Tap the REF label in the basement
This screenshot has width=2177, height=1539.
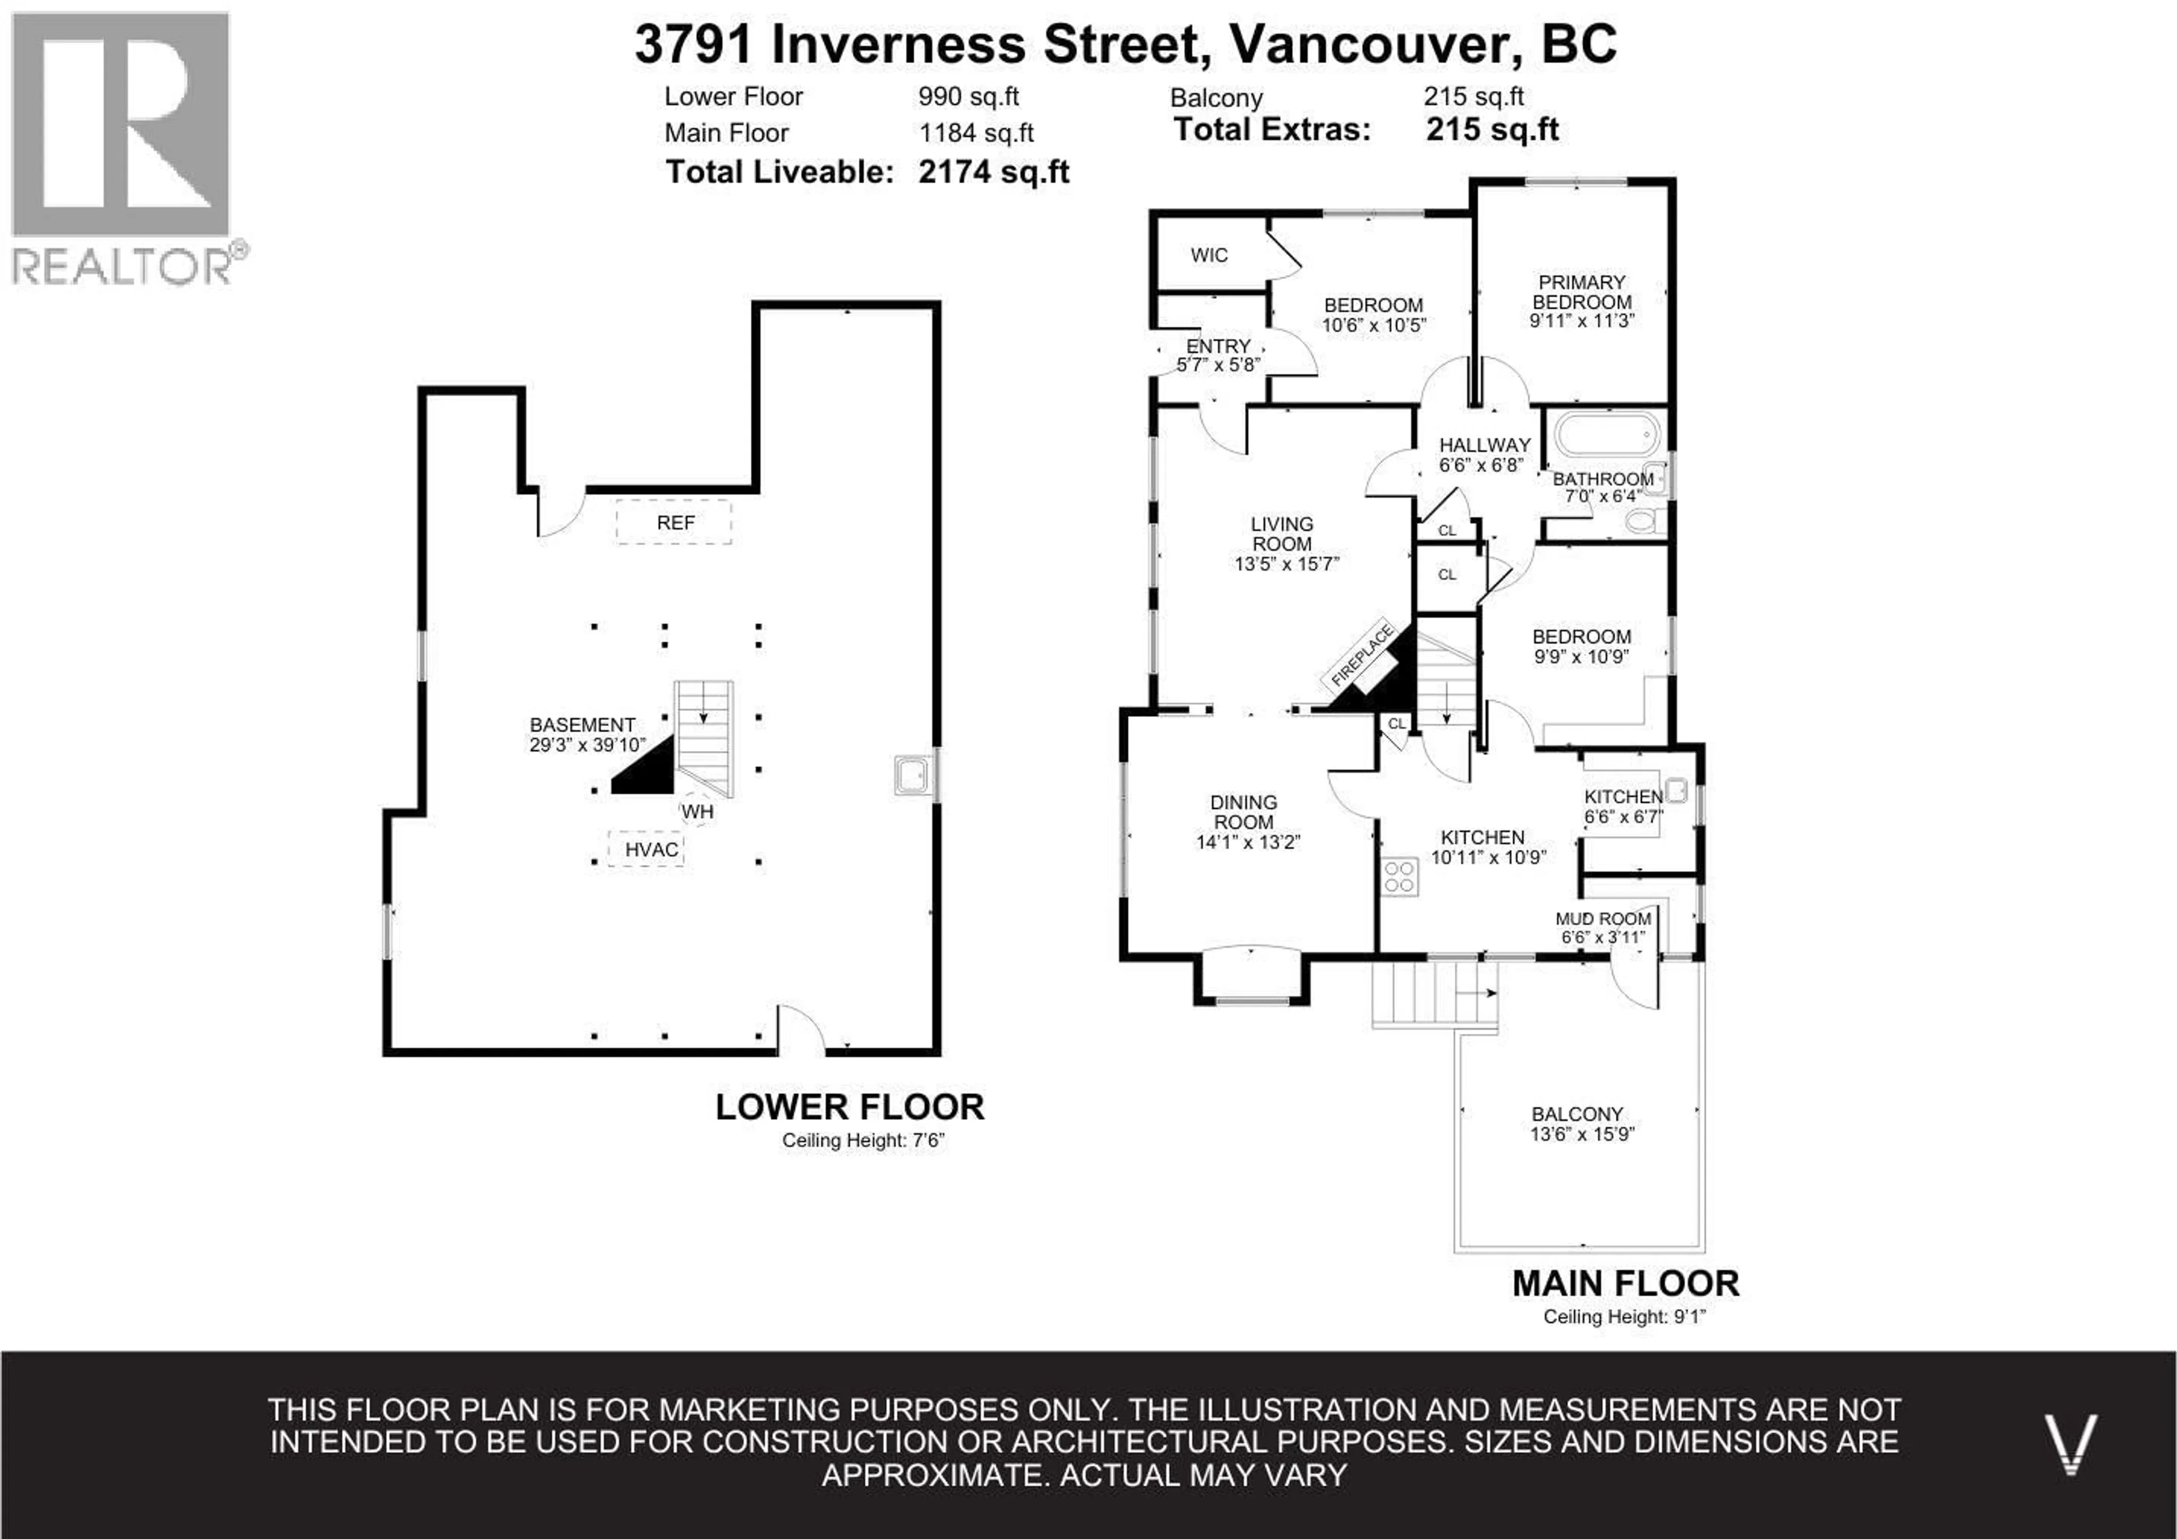pos(675,522)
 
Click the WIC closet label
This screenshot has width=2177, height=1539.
pos(1209,255)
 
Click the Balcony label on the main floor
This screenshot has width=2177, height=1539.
pos(1577,1114)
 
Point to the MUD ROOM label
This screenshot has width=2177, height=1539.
pos(1603,919)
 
